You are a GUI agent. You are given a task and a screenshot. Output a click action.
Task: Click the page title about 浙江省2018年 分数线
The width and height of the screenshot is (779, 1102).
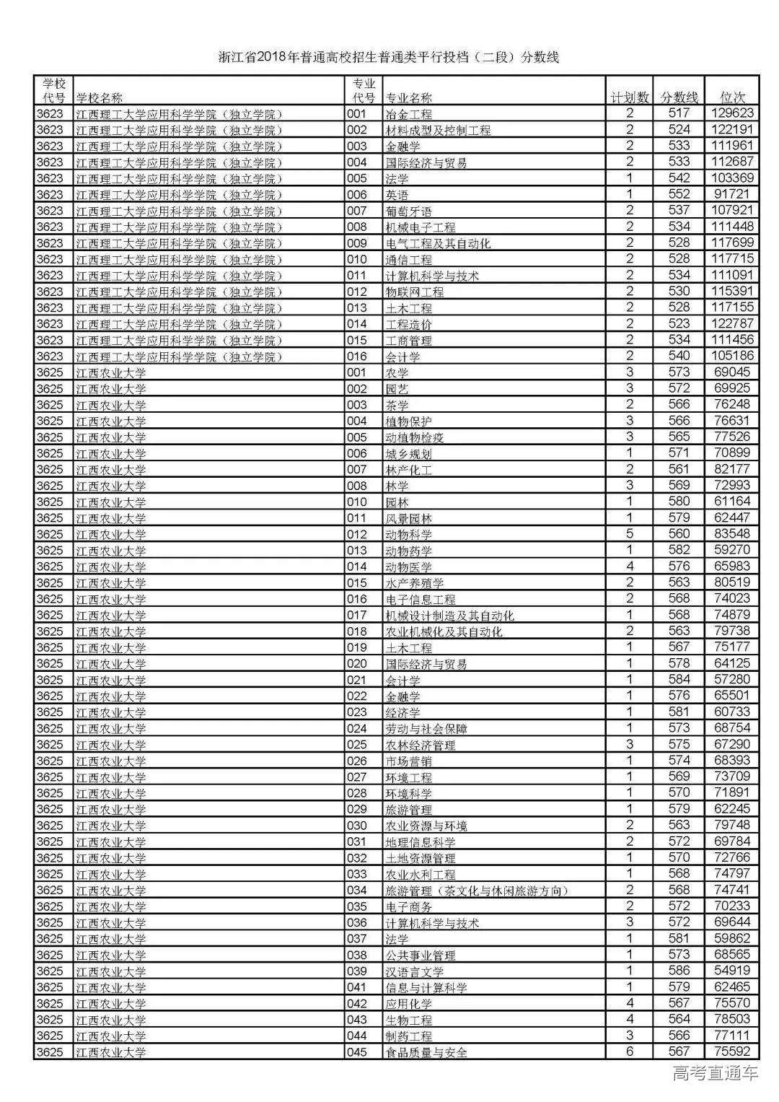coord(389,58)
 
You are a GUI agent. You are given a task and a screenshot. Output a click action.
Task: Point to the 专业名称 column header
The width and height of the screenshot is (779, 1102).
coord(409,98)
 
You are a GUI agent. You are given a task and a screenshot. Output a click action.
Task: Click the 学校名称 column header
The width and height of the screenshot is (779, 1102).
coord(100,98)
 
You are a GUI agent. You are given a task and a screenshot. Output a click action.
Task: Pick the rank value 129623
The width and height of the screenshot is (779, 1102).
coord(731,113)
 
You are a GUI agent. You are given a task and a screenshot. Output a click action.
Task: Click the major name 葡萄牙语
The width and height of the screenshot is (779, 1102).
coord(409,211)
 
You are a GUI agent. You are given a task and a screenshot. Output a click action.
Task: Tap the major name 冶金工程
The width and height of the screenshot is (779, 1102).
coord(409,114)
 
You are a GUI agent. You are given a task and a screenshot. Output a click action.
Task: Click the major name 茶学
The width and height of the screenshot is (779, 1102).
coord(397,405)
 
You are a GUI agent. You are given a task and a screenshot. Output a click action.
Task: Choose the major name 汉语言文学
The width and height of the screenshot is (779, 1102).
coord(415,971)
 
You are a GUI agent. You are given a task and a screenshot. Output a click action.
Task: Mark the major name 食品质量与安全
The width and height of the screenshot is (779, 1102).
coord(426,1052)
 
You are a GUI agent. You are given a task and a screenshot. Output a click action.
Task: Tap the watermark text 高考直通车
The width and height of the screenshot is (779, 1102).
coord(715,1073)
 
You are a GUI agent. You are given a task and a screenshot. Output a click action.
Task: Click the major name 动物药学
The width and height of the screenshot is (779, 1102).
coord(409,551)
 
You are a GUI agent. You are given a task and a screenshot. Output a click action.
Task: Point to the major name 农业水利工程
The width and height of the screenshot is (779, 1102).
coord(421,875)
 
